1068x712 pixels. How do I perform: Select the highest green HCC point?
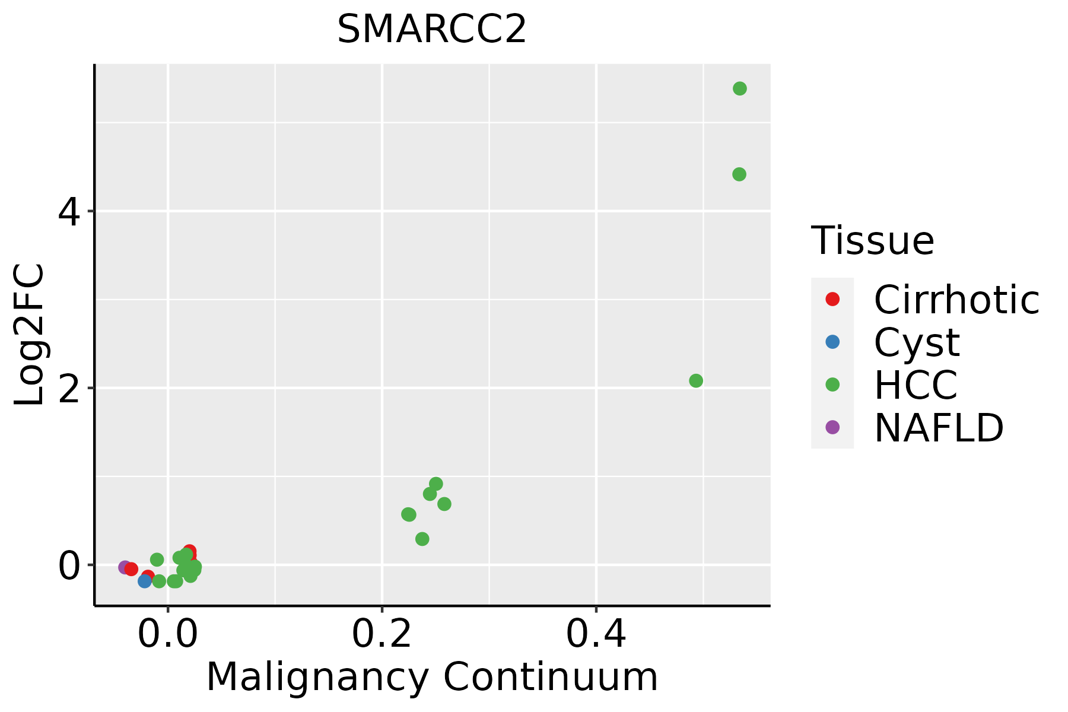click(739, 88)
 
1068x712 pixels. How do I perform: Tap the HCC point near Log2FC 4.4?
click(739, 174)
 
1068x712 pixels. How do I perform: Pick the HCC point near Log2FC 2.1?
click(696, 381)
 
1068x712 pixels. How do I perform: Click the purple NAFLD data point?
click(125, 567)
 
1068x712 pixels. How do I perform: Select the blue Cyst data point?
click(144, 581)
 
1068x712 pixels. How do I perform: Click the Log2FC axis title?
click(30, 335)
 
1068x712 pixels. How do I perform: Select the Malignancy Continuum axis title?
click(431, 677)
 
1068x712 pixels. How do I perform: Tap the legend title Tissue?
click(872, 241)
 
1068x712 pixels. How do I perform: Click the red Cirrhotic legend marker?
click(832, 299)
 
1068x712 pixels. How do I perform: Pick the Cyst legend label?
click(917, 342)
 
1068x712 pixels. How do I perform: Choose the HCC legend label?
click(916, 385)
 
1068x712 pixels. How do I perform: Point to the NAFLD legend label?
click(939, 428)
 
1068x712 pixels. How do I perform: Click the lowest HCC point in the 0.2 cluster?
click(422, 539)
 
